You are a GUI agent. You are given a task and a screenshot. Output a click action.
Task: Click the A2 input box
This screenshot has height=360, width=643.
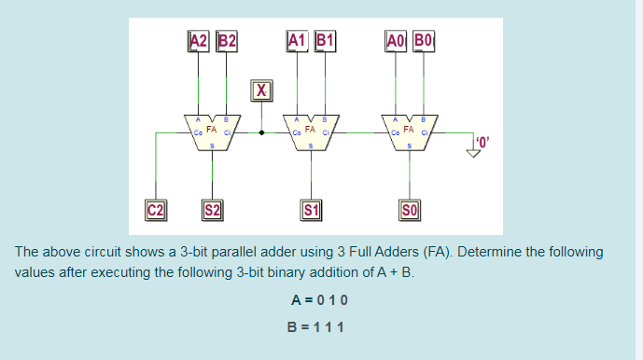click(198, 40)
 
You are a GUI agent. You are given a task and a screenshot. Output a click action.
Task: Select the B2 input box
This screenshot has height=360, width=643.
click(227, 40)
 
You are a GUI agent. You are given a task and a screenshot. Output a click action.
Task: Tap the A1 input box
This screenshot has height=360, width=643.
click(297, 40)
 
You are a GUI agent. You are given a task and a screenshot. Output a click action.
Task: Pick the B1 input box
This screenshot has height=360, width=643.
click(326, 40)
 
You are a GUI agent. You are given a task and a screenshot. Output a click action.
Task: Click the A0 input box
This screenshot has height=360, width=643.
click(396, 40)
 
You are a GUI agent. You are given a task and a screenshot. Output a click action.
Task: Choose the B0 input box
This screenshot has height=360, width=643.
click(424, 40)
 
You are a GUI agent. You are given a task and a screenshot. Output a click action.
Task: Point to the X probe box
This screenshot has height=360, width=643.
click(262, 90)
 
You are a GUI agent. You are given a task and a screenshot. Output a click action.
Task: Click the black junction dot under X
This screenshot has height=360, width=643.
click(262, 132)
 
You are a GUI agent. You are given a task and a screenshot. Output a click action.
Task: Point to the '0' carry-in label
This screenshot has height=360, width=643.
click(482, 141)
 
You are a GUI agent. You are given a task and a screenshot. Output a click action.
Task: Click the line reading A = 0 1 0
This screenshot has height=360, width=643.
click(319, 300)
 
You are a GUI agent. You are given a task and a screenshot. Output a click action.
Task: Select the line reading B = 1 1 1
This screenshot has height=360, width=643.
click(319, 326)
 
